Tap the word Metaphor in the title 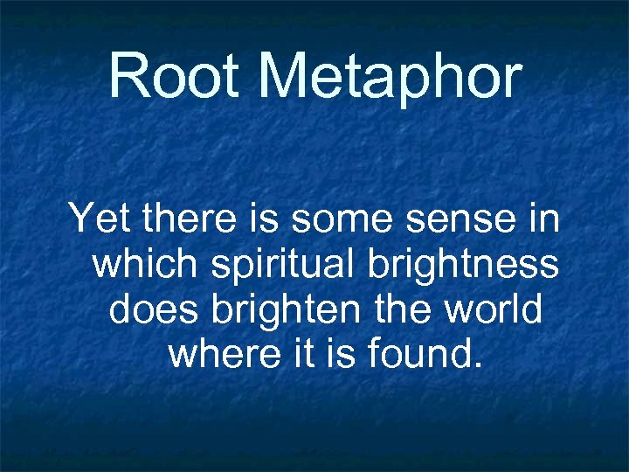tap(390, 77)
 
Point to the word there tap(190, 219)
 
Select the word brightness tap(464, 264)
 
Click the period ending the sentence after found tap(476, 364)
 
